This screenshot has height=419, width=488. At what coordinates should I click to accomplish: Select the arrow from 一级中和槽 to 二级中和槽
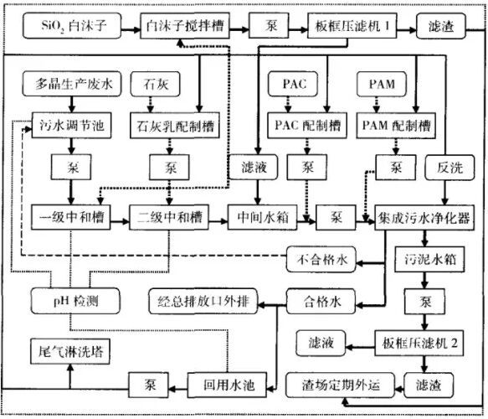tap(116, 215)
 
